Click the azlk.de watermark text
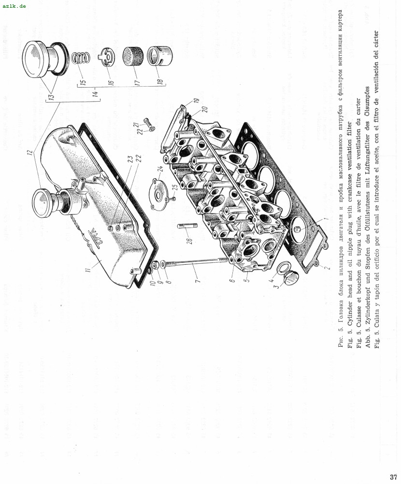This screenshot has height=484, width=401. pos(14,6)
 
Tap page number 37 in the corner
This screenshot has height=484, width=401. pos(393,477)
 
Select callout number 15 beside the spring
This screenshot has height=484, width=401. pos(82,83)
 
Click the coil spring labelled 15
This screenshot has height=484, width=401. pos(81,58)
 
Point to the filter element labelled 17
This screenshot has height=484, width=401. pos(132,56)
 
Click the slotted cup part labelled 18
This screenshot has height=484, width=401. pos(159,56)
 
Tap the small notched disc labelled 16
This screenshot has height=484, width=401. pos(106,57)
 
